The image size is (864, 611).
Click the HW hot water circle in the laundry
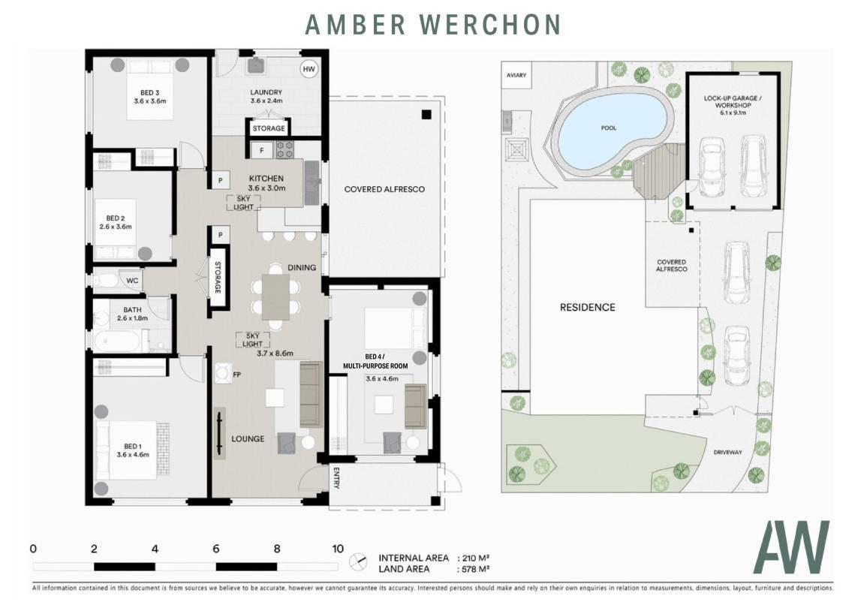click(x=309, y=69)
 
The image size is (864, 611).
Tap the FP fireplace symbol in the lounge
click(x=222, y=374)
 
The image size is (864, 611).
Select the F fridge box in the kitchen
click(x=262, y=150)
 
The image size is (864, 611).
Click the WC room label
click(x=132, y=281)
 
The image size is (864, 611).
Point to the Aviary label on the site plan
click(x=516, y=75)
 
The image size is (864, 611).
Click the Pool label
click(x=609, y=128)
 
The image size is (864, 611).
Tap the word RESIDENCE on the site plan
click(x=588, y=308)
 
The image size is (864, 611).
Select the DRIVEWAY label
click(x=728, y=453)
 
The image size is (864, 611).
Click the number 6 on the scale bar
click(x=216, y=549)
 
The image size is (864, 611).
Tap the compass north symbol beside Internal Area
click(x=358, y=562)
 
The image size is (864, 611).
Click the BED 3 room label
click(x=150, y=92)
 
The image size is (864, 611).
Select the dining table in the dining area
click(x=275, y=297)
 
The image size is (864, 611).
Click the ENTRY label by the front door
click(x=336, y=478)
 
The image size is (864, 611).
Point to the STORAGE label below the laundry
click(x=269, y=128)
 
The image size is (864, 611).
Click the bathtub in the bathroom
click(x=121, y=342)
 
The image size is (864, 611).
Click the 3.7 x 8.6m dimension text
click(x=275, y=353)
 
